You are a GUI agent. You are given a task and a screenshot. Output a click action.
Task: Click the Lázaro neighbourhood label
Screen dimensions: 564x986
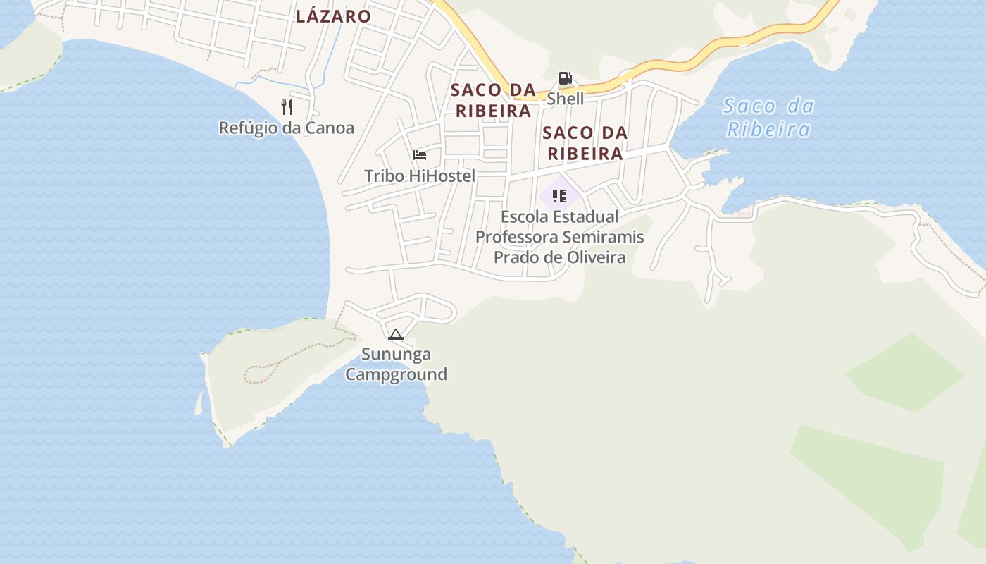[x=333, y=16]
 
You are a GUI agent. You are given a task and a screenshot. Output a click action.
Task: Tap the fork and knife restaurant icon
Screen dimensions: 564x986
[x=287, y=107]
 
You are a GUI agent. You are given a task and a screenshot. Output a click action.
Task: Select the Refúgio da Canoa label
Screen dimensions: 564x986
[x=286, y=128]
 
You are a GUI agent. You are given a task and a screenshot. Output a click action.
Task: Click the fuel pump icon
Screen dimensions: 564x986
[x=565, y=78]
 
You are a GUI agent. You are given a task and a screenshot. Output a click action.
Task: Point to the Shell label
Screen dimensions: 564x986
[x=565, y=99]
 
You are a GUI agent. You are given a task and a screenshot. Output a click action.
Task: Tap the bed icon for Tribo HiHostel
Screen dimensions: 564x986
[x=420, y=155]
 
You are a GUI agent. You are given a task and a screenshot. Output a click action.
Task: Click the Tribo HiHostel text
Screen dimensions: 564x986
[x=420, y=176]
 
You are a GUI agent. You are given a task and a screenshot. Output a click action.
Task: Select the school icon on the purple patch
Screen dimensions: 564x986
[x=559, y=195]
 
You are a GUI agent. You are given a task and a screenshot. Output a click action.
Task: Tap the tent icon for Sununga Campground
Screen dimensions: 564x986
[x=396, y=334]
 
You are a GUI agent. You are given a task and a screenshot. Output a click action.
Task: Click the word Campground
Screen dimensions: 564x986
[x=396, y=374]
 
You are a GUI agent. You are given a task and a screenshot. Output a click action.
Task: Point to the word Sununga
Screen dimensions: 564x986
[x=396, y=354]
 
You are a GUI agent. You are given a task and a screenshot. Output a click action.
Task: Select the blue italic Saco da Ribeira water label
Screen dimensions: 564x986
[x=768, y=118]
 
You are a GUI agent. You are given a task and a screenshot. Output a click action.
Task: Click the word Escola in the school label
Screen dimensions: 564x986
[x=525, y=216]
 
